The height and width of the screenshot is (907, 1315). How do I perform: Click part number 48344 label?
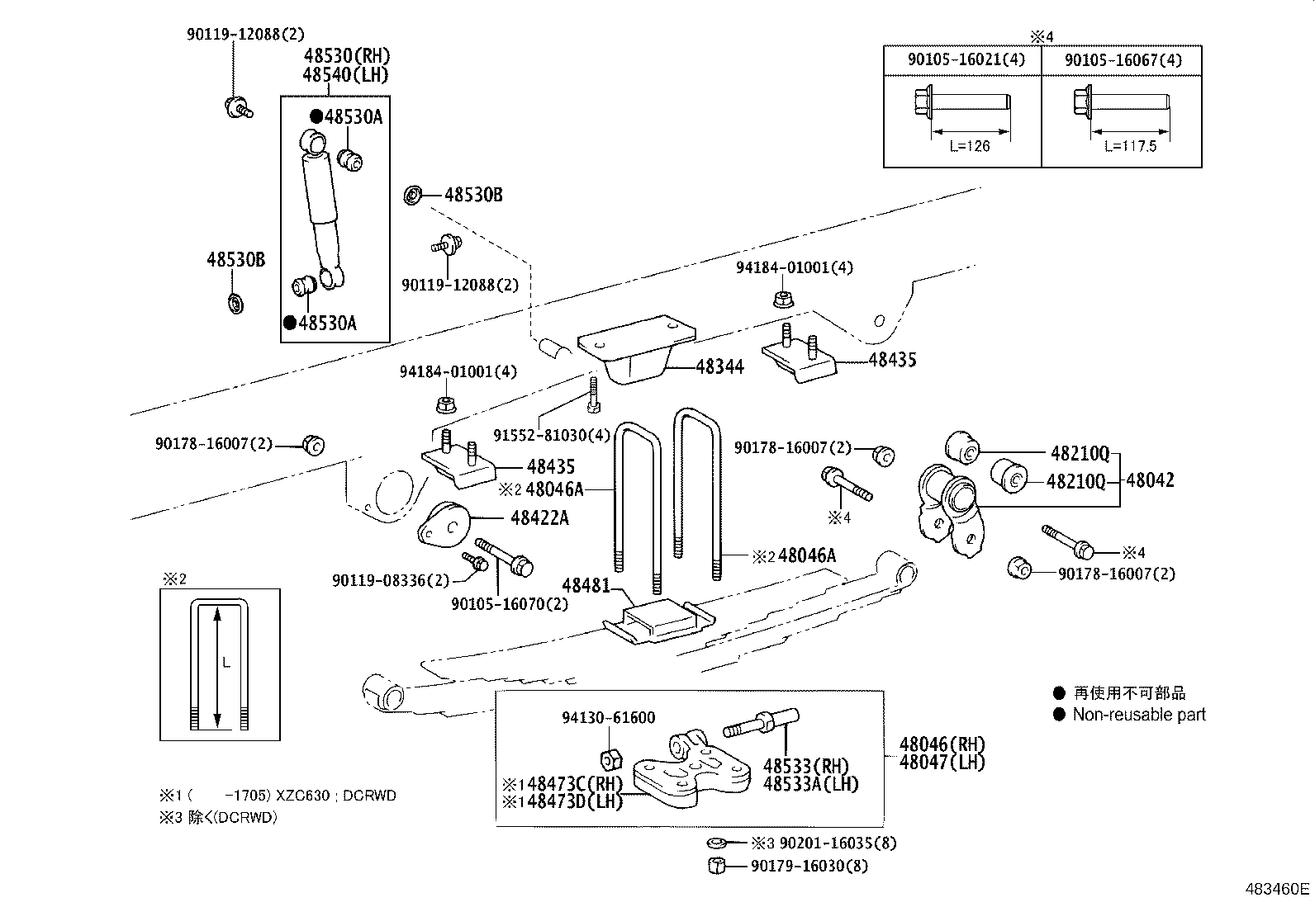(x=719, y=366)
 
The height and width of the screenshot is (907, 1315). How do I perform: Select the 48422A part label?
(x=539, y=518)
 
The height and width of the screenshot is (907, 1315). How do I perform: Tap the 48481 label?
(x=586, y=586)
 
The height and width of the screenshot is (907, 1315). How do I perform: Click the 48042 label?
(x=1150, y=480)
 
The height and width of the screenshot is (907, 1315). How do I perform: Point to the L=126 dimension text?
(x=970, y=146)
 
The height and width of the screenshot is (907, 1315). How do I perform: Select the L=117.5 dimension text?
(x=1130, y=146)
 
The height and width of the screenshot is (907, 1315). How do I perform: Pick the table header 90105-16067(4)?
(x=1123, y=59)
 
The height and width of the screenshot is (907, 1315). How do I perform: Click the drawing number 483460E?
(x=1278, y=889)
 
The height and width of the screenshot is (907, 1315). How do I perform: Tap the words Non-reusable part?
(x=1139, y=715)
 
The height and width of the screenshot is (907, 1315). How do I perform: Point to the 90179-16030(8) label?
(x=809, y=866)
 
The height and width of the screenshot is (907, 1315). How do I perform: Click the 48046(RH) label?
(x=942, y=744)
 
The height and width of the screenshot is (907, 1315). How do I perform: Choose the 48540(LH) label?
(x=345, y=74)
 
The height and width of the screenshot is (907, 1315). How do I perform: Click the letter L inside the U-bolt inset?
(x=225, y=663)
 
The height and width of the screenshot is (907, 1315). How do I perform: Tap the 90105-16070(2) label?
(x=510, y=604)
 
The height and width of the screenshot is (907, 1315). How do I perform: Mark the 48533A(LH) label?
(x=811, y=784)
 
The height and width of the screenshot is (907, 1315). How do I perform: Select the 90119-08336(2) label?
(x=391, y=581)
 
